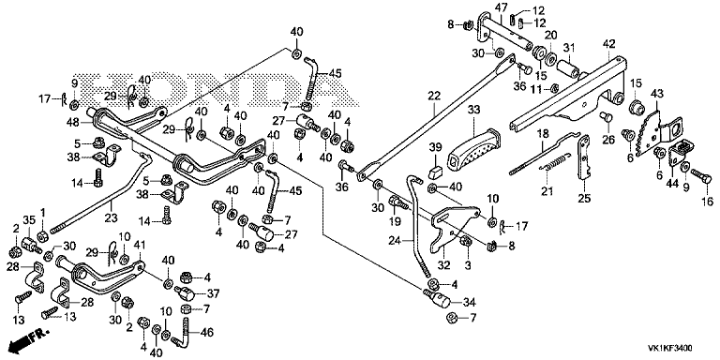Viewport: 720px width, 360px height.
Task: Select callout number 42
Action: (608, 44)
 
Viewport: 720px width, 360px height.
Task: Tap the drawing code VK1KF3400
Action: (670, 348)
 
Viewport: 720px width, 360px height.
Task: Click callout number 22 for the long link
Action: (434, 96)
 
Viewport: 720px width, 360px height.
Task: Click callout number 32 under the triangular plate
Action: (443, 264)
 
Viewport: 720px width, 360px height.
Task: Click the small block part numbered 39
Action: (435, 172)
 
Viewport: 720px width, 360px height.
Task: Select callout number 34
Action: (470, 303)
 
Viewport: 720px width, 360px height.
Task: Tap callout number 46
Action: (207, 333)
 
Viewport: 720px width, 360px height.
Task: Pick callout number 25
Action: (584, 199)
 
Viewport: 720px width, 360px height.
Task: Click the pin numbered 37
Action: (185, 292)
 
